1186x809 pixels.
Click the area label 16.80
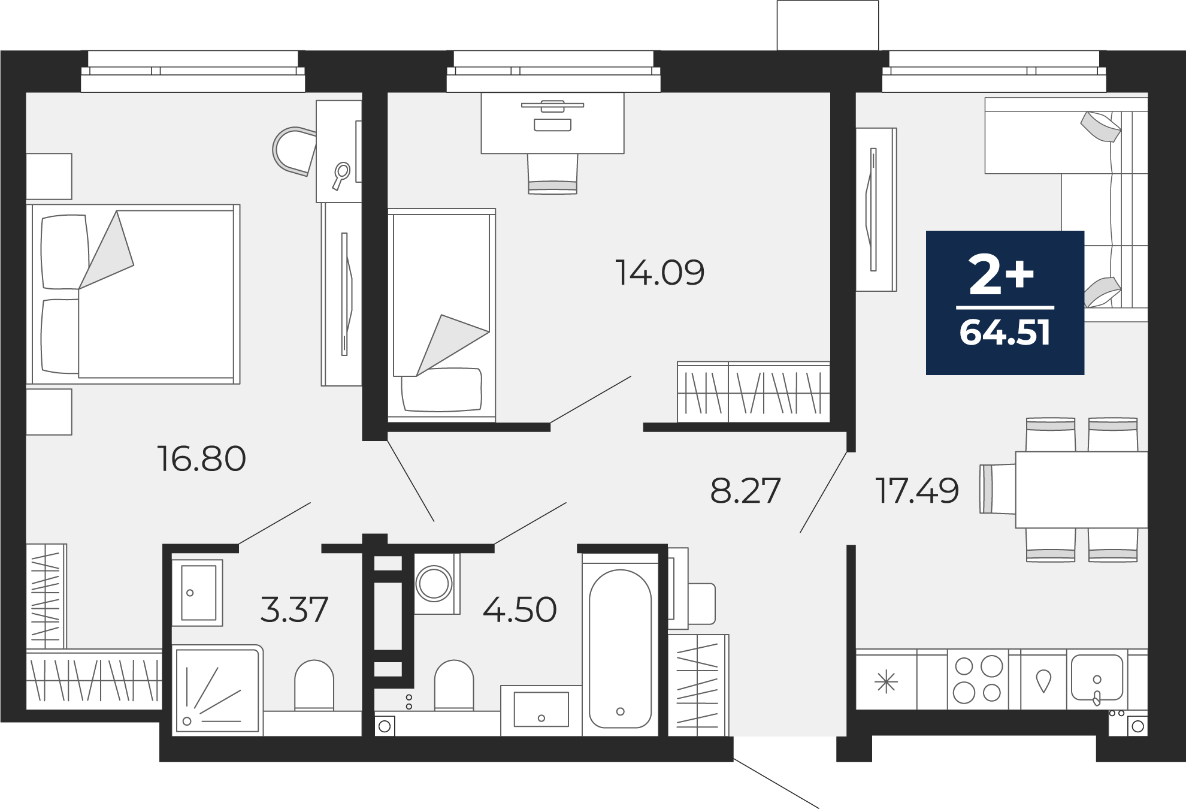(x=201, y=459)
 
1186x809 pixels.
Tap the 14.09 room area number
(x=659, y=273)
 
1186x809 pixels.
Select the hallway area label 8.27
(x=745, y=491)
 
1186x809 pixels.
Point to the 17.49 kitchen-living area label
(x=917, y=491)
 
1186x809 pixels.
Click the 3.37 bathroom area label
(x=295, y=609)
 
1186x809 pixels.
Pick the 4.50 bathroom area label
(x=519, y=609)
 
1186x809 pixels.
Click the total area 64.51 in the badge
(x=1005, y=333)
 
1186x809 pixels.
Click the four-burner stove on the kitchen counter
(x=978, y=680)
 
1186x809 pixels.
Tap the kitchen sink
(x=1097, y=678)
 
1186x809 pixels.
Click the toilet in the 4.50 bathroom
(x=454, y=685)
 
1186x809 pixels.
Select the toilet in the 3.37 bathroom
(x=314, y=685)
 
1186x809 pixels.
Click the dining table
(x=1081, y=490)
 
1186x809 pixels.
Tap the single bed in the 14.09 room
(x=441, y=313)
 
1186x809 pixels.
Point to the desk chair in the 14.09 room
(x=552, y=173)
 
